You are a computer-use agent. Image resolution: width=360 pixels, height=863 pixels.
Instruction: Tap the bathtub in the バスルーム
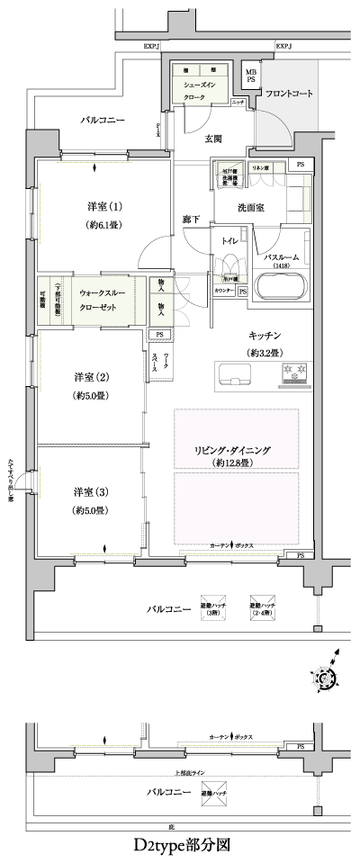click(x=283, y=289)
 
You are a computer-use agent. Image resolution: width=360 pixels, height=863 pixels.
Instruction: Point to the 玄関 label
click(x=213, y=138)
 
